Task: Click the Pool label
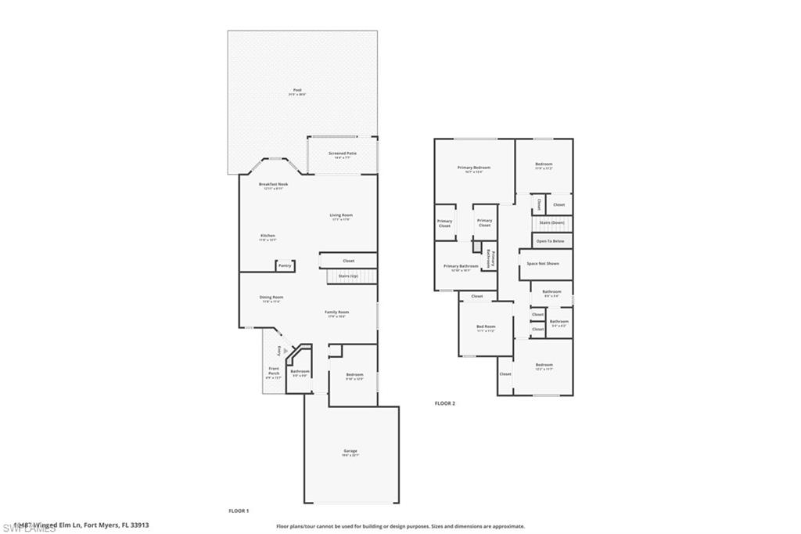point(298,91)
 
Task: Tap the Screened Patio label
point(343,153)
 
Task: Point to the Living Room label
point(341,216)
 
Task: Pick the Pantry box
point(285,266)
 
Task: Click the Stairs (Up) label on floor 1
point(348,276)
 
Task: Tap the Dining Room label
point(271,298)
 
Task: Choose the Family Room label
point(337,312)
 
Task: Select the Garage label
point(350,452)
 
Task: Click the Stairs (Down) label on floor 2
point(552,223)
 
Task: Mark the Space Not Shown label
point(543,264)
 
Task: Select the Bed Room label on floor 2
point(486,327)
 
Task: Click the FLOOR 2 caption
point(445,403)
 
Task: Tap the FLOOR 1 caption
point(239,511)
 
